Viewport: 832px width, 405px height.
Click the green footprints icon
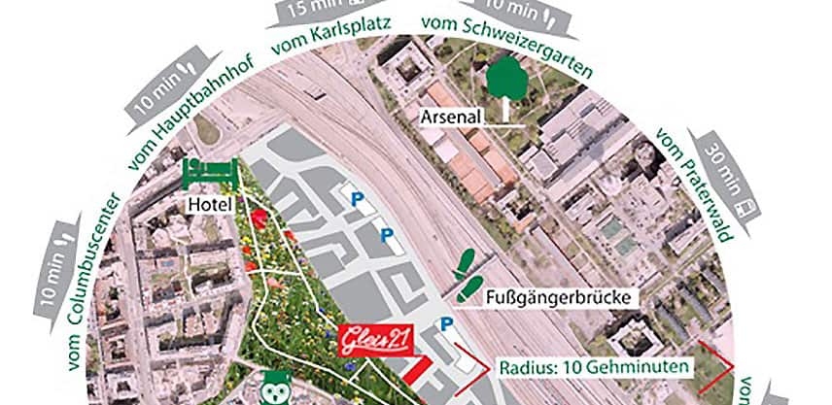tap(468, 274)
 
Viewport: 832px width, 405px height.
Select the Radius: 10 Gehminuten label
tap(595, 368)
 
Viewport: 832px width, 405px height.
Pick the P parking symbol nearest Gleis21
tap(447, 324)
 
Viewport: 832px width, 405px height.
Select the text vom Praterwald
tap(696, 185)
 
